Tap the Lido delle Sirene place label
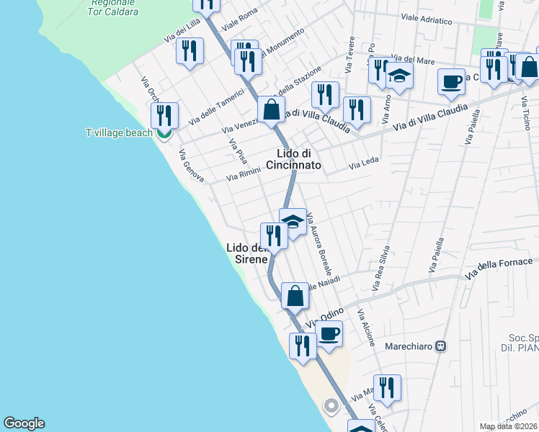[248, 253]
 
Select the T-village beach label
[119, 132]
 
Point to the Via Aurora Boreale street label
[319, 245]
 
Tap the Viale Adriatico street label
[426, 19]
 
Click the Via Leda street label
[364, 166]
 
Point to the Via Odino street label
[325, 317]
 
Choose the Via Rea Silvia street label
[380, 269]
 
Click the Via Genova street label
[191, 166]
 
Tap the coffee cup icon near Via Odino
[329, 333]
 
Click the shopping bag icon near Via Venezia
[272, 110]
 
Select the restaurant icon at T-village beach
[164, 114]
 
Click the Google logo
[24, 423]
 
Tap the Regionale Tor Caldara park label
[115, 8]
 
